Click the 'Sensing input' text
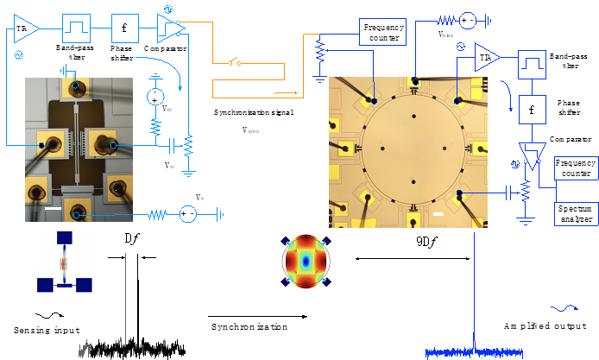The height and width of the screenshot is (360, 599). point(47,331)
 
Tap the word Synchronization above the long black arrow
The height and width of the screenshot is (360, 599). point(249,327)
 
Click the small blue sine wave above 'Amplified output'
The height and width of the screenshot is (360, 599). point(566,306)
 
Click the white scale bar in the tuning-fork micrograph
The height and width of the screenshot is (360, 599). point(53,208)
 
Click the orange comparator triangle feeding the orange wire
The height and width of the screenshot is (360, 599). point(171,27)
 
